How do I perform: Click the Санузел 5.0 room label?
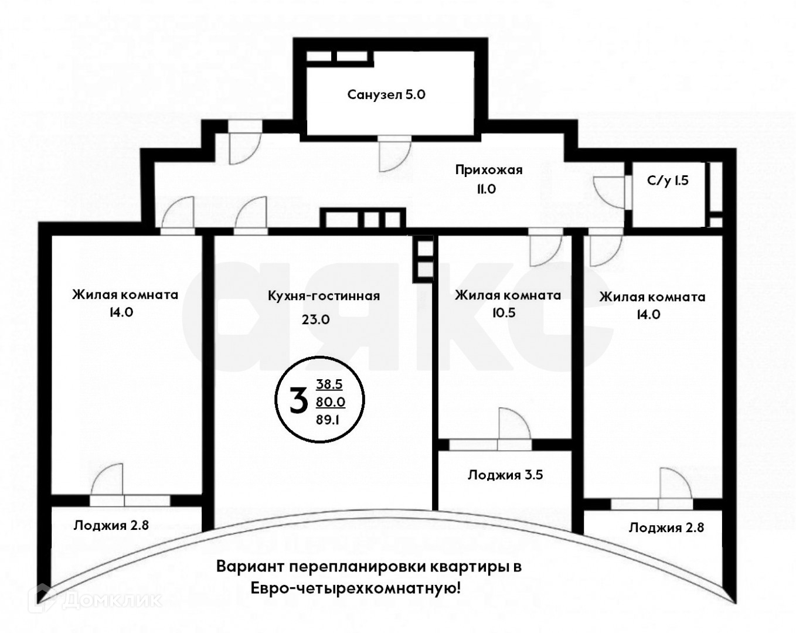click(x=386, y=94)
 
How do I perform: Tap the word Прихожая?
click(x=489, y=170)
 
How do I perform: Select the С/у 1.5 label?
click(x=668, y=181)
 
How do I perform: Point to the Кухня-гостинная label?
click(x=324, y=296)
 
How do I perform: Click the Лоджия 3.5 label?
click(x=505, y=475)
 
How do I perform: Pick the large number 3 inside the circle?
click(x=299, y=400)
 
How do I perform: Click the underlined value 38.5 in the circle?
click(x=329, y=384)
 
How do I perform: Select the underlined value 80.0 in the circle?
click(x=331, y=402)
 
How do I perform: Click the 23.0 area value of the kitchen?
click(x=315, y=319)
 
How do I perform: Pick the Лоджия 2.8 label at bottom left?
click(x=111, y=525)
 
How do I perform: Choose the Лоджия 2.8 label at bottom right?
click(x=666, y=527)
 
